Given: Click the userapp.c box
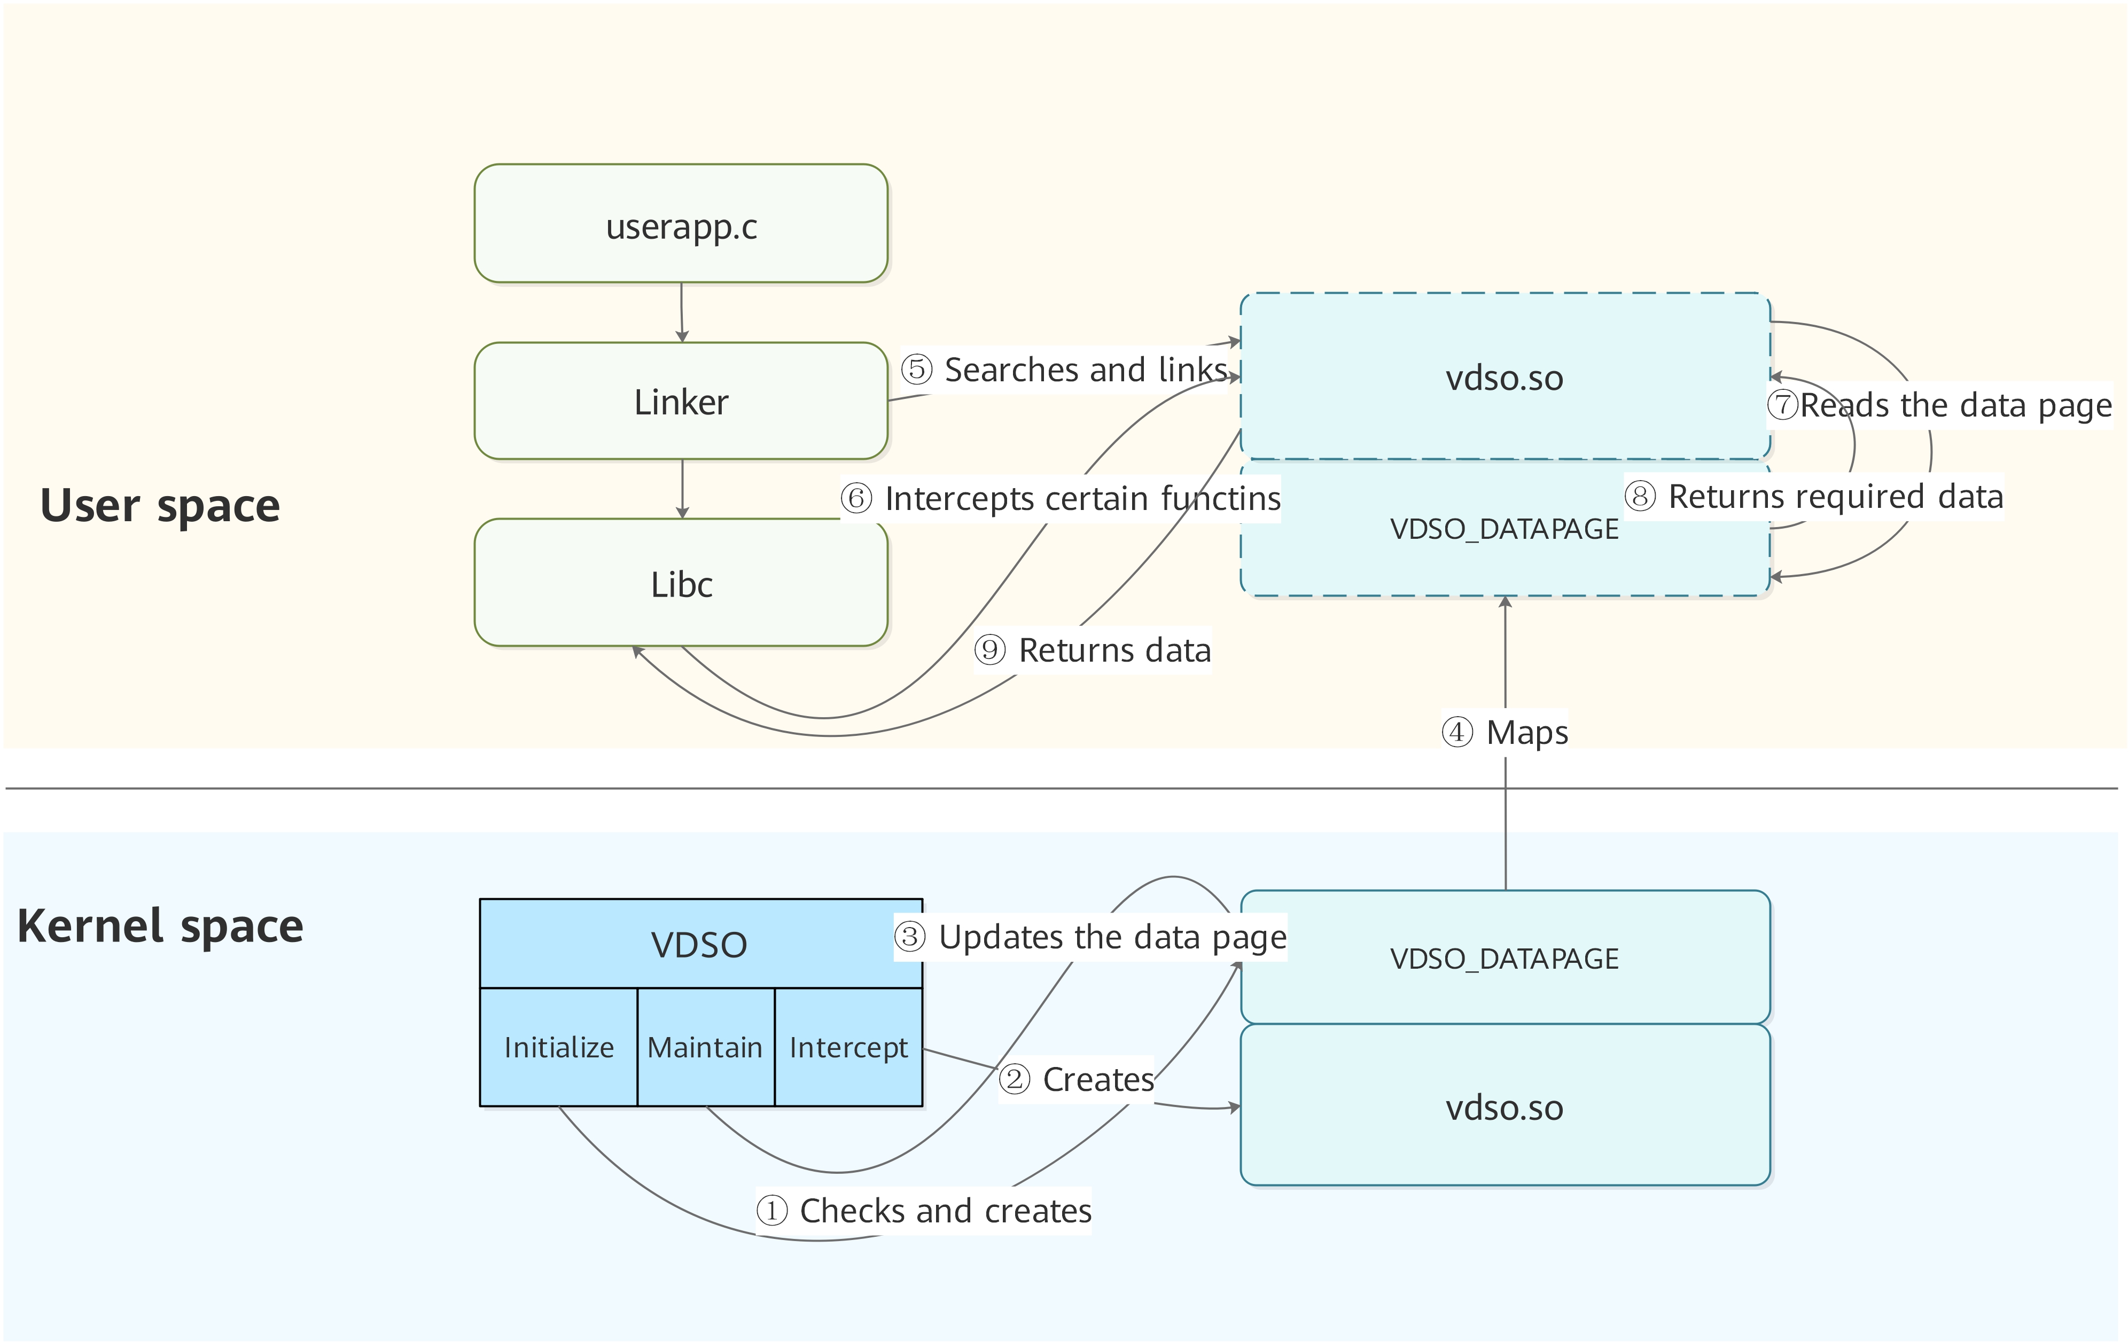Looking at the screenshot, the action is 681,224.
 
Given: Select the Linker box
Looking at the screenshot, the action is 681,401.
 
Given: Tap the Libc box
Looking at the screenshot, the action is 681,583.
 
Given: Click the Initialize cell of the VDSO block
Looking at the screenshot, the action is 558,1047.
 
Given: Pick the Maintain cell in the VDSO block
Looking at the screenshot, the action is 705,1047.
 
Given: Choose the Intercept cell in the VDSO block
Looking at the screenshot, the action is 848,1047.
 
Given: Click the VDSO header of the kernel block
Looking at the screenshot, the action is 700,944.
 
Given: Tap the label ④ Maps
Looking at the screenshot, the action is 1505,732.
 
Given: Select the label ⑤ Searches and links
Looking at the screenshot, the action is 1064,370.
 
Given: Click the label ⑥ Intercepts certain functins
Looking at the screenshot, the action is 1061,498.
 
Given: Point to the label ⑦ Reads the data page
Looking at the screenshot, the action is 1939,405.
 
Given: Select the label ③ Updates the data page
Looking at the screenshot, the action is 1090,937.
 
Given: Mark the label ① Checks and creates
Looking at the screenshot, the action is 924,1210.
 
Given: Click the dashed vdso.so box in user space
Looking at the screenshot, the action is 1505,376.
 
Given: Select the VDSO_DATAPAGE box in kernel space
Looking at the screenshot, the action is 1505,958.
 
